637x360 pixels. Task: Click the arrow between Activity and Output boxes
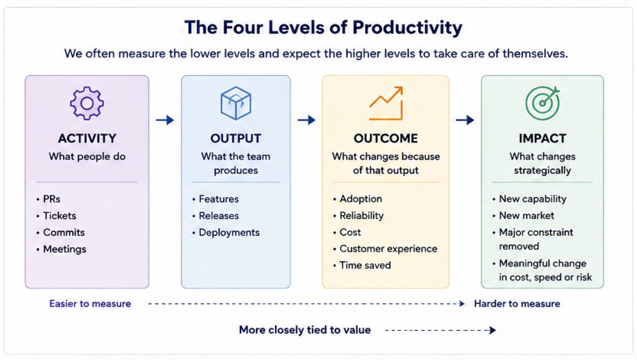(x=165, y=120)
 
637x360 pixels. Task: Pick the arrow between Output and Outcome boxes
(x=306, y=120)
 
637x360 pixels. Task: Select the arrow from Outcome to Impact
(x=465, y=120)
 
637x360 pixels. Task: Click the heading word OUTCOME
(x=385, y=139)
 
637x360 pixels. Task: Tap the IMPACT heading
(x=542, y=139)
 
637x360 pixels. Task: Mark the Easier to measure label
(x=90, y=304)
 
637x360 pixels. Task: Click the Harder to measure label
(x=517, y=304)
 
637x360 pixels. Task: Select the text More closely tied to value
(x=305, y=330)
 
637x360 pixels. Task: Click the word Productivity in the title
(x=407, y=28)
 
